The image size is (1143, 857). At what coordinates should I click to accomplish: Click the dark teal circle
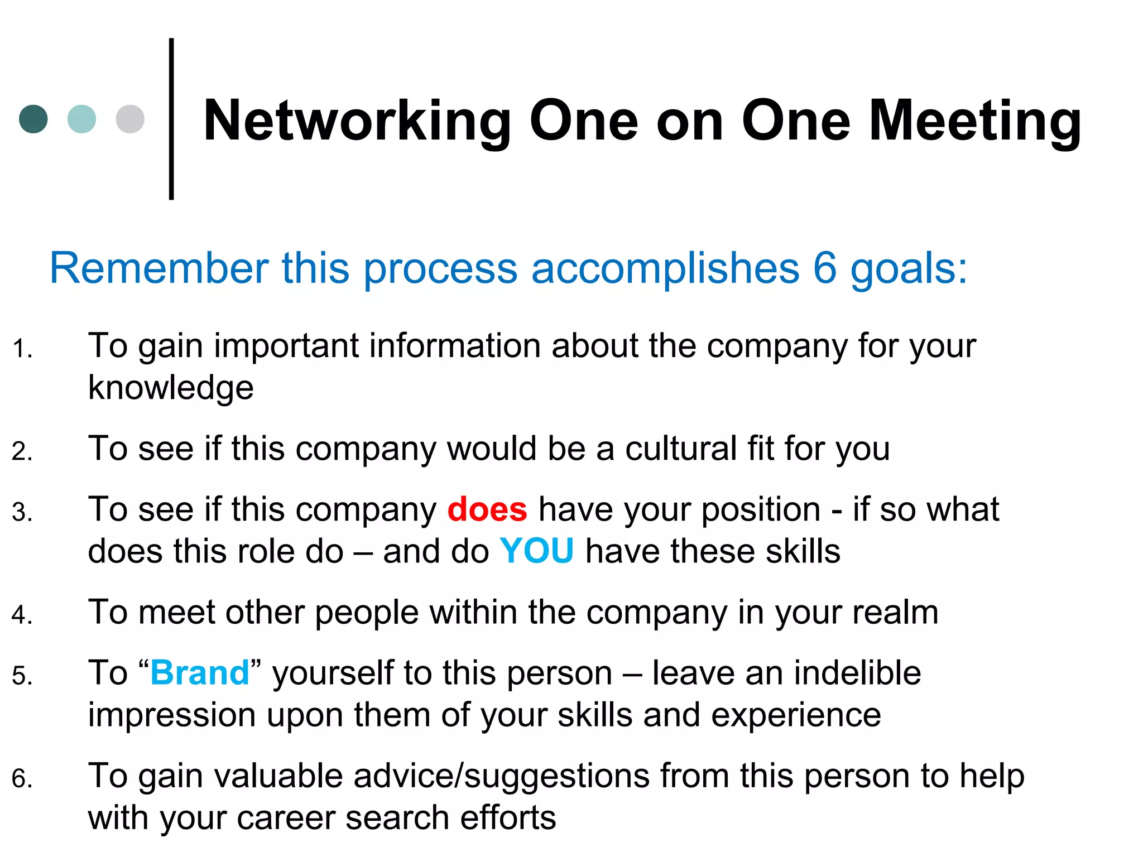click(33, 119)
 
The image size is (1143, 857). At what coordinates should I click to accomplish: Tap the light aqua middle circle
click(81, 119)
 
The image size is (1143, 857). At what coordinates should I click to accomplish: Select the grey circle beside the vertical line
click(130, 119)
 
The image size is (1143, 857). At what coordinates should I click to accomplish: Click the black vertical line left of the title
click(171, 119)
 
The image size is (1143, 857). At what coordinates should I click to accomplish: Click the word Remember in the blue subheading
click(159, 268)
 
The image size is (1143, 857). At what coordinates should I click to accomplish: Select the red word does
click(487, 509)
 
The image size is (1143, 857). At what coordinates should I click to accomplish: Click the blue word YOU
click(536, 551)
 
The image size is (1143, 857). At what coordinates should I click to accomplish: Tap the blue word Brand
click(200, 673)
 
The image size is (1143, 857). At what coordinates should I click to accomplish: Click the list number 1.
click(21, 349)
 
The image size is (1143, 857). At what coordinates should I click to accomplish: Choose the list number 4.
click(21, 615)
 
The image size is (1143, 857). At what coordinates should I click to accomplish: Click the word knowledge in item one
click(171, 388)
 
